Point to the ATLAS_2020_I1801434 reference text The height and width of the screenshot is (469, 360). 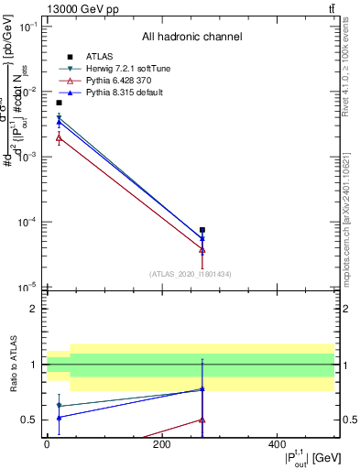(190, 274)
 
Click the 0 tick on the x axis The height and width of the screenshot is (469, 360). (48, 444)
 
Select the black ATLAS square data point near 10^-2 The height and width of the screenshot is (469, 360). (60, 103)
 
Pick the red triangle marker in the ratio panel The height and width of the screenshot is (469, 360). (202, 420)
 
